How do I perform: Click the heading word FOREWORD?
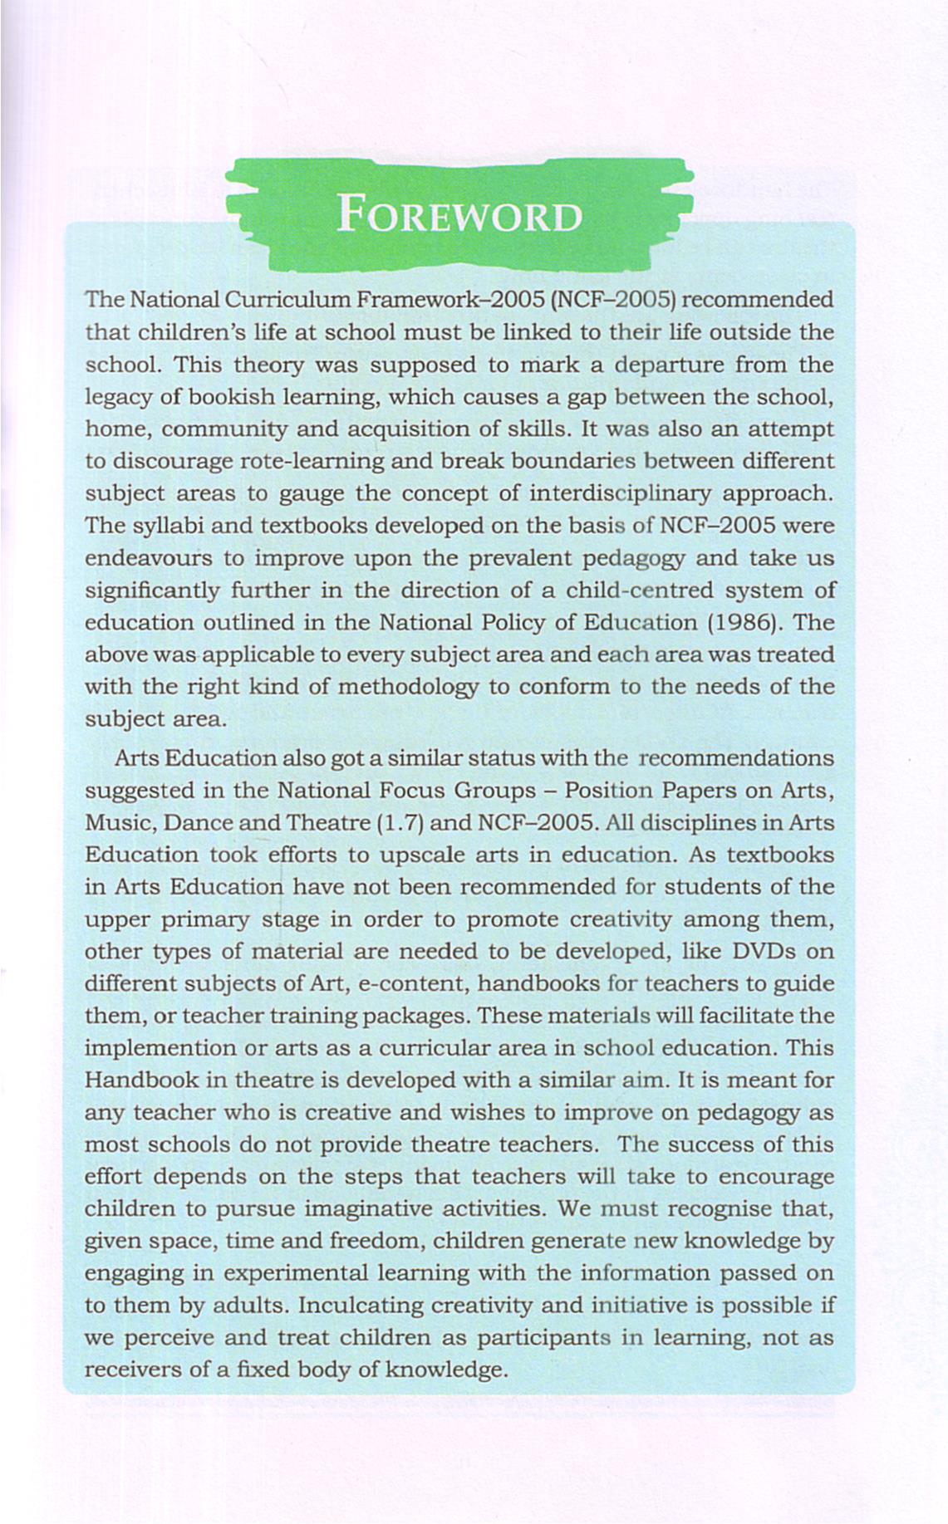(x=459, y=216)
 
